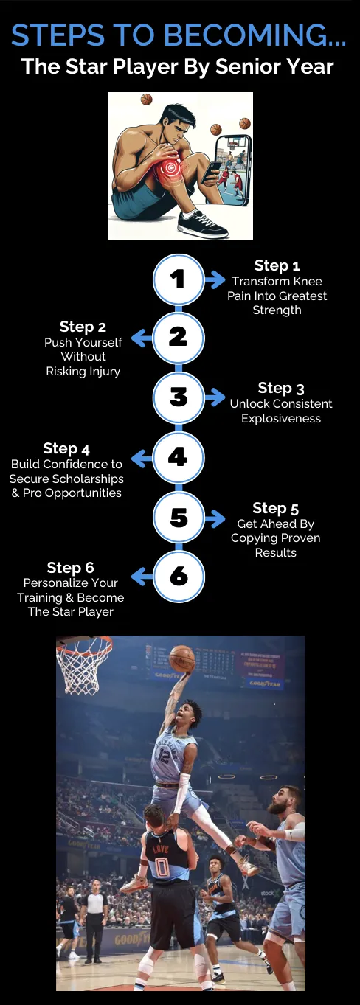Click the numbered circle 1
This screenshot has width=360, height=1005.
[179, 279]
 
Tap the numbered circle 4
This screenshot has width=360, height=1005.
[179, 457]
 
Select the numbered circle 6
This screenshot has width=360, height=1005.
[179, 576]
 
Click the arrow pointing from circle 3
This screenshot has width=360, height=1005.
[215, 397]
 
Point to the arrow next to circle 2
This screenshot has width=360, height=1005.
[142, 338]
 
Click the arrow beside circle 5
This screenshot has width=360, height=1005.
[215, 518]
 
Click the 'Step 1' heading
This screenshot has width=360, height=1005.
[277, 265]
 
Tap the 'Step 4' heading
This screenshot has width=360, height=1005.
[66, 448]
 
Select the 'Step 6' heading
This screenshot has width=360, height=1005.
[71, 568]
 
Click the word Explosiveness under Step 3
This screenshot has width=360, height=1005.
[281, 419]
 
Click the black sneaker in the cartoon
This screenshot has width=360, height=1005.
[202, 223]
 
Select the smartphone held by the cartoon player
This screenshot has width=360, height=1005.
[210, 173]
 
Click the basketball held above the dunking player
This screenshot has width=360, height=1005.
[182, 658]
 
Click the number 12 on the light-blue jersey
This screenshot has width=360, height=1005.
[164, 757]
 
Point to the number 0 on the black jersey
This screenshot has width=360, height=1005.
[162, 865]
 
